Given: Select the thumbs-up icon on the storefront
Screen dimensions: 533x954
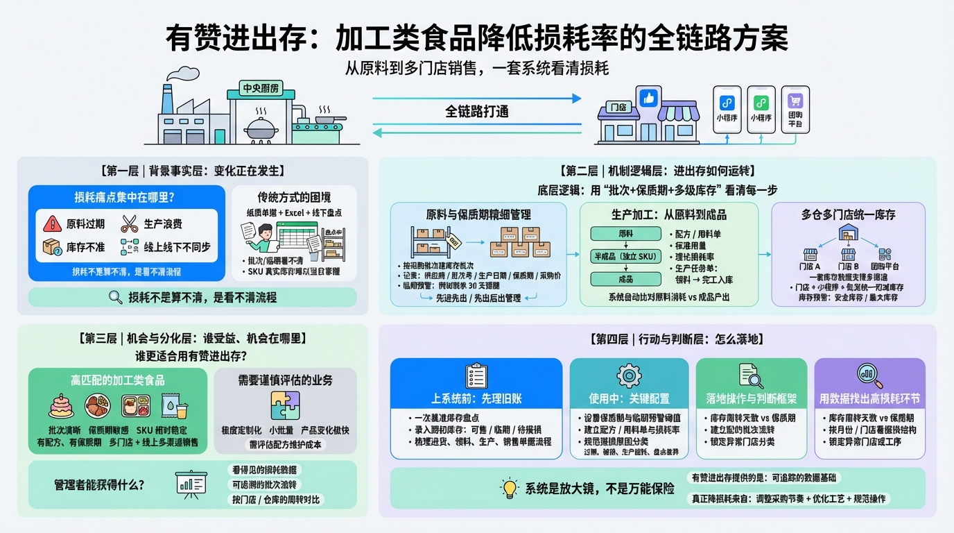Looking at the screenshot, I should [x=650, y=98].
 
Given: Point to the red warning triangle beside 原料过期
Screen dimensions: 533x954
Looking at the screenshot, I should [x=52, y=223].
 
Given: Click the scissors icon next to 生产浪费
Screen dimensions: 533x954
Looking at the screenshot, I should [x=130, y=223].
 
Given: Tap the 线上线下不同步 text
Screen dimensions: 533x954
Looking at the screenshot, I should [x=177, y=247].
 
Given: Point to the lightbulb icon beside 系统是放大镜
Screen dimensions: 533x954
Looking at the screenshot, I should [x=510, y=488].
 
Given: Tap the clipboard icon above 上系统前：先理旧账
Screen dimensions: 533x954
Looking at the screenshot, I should [x=476, y=375].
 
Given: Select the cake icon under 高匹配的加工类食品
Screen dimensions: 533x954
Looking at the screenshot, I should [x=62, y=405].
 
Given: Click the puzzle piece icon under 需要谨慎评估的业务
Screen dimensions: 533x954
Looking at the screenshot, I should [x=285, y=405].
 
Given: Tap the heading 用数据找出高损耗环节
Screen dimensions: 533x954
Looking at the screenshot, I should [x=869, y=399].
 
